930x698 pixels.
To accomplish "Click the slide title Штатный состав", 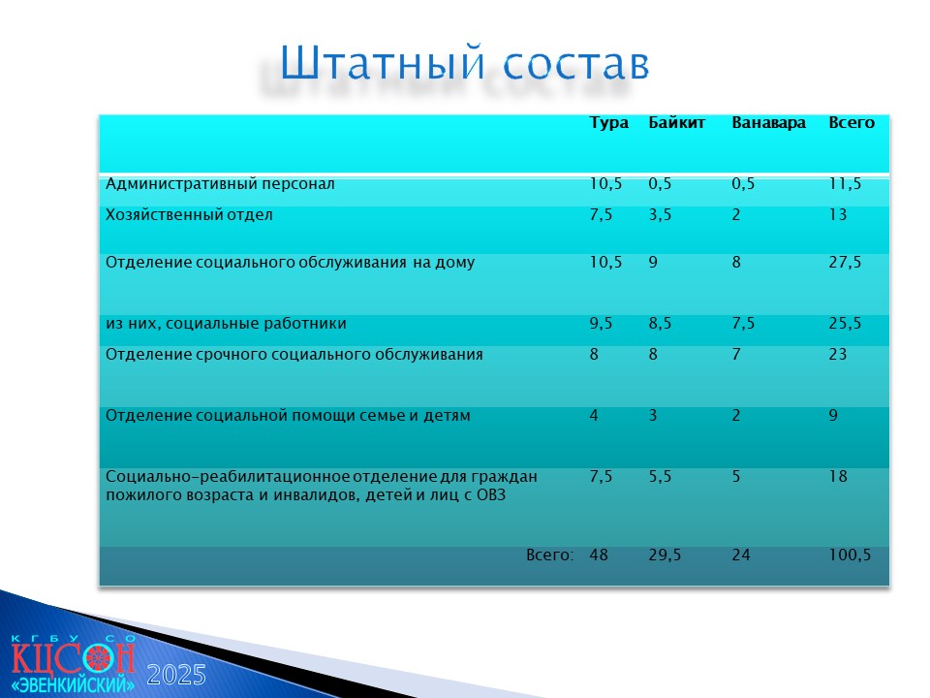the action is (x=464, y=62).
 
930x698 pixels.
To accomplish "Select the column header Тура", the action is (x=608, y=123).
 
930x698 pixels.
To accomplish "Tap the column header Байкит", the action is (x=676, y=122).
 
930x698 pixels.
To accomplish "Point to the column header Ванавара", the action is (x=768, y=122).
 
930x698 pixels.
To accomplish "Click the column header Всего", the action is (x=852, y=122).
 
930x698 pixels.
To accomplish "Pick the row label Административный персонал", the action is (x=220, y=184).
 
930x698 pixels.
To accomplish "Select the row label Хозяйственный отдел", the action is (x=189, y=214).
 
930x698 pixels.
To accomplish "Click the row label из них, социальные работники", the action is (x=226, y=324).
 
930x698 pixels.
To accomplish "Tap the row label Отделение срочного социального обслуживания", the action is (x=294, y=355).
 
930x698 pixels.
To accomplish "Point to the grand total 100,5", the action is (x=850, y=555).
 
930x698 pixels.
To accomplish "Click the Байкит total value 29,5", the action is (x=665, y=555).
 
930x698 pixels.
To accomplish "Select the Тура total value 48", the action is (x=599, y=555).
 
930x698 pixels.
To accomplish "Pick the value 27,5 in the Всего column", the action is (x=845, y=263).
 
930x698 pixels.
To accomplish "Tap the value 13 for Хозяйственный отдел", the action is (x=837, y=214).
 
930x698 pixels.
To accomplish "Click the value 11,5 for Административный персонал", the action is (x=845, y=184).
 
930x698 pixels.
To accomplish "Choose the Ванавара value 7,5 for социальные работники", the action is (x=743, y=324).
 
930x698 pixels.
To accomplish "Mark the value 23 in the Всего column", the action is (x=837, y=355).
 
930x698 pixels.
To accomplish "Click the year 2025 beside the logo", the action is (x=176, y=676).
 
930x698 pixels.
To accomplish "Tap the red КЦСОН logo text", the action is (x=73, y=657).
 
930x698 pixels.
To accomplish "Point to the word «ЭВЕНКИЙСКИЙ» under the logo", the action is (x=73, y=684).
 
